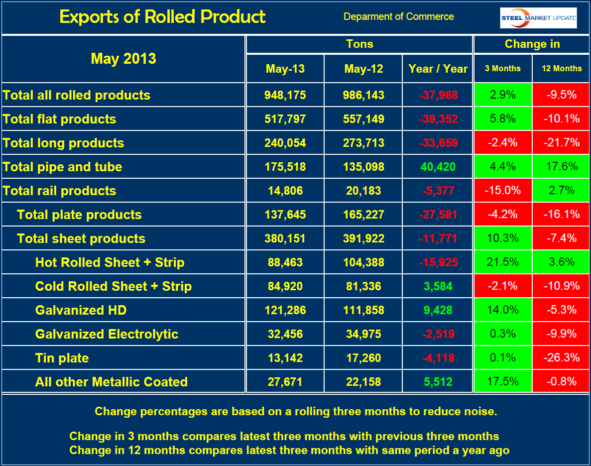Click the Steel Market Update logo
click(538, 18)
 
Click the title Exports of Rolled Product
click(162, 17)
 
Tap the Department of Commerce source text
click(398, 16)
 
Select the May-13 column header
click(285, 69)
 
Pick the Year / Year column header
click(438, 69)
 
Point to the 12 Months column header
click(561, 69)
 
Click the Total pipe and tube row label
click(63, 167)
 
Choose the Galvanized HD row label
click(81, 310)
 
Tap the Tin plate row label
click(62, 358)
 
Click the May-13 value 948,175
click(285, 95)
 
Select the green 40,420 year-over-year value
click(438, 167)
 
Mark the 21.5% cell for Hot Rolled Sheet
click(502, 262)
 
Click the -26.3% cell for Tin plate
click(561, 358)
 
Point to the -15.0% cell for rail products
click(502, 191)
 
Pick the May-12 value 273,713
click(363, 143)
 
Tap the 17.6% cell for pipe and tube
click(561, 167)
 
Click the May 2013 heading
click(123, 59)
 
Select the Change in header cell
click(532, 44)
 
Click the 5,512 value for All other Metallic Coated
click(438, 382)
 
